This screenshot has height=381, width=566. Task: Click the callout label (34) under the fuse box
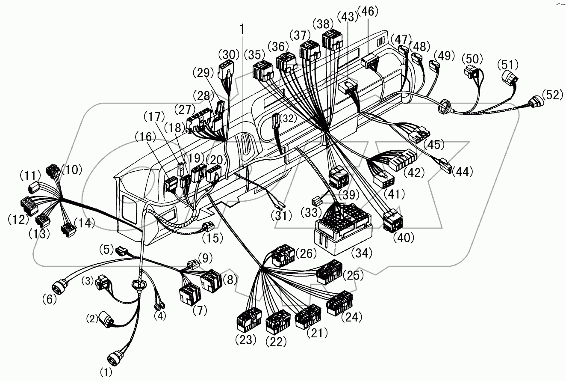click(362, 253)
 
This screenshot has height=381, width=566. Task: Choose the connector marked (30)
click(226, 71)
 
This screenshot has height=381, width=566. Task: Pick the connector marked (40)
click(392, 220)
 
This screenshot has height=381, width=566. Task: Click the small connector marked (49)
click(434, 66)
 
